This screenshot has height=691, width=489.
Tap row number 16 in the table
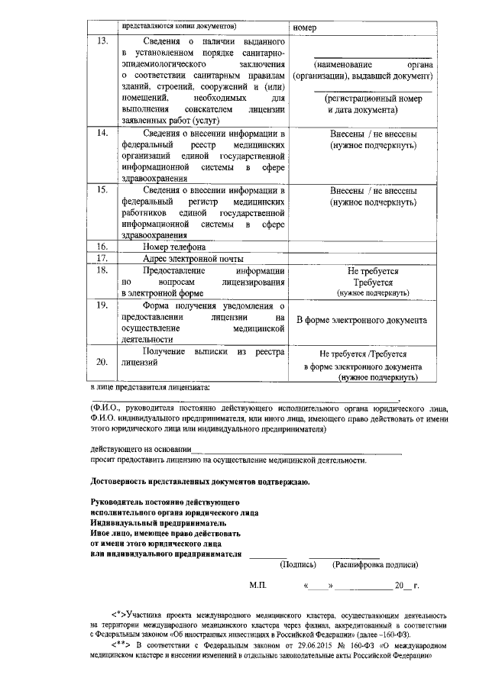coord(102,247)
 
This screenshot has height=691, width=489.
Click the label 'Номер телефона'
coord(173,247)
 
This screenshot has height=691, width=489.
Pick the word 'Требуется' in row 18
coord(373,282)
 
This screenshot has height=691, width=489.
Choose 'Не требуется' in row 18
coord(373,271)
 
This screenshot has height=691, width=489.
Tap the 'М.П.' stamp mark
coord(258,586)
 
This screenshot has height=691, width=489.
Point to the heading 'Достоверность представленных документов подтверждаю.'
coord(199,483)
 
